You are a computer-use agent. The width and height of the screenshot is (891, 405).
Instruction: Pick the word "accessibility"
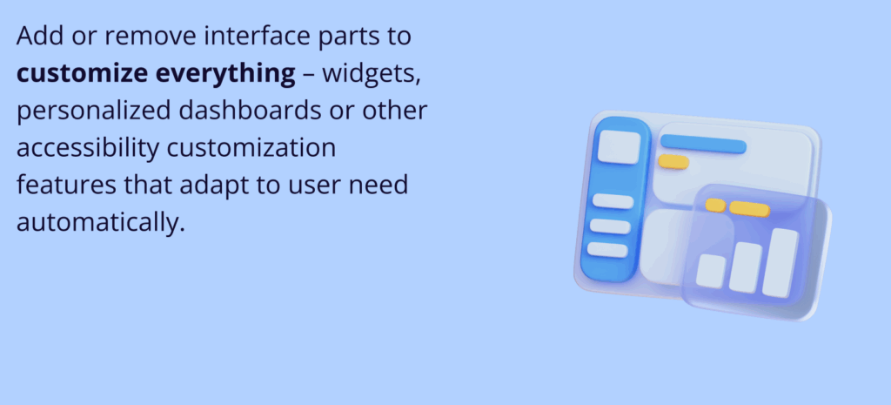pyautogui.click(x=88, y=148)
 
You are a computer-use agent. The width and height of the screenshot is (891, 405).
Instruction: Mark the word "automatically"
pyautogui.click(x=100, y=222)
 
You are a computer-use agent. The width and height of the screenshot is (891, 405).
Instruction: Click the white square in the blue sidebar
pyautogui.click(x=618, y=146)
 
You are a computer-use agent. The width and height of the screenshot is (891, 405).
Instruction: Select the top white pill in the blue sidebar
pyautogui.click(x=613, y=202)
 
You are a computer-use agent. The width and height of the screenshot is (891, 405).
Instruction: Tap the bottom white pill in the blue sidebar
pyautogui.click(x=607, y=250)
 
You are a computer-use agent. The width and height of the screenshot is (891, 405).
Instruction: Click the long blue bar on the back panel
pyautogui.click(x=703, y=145)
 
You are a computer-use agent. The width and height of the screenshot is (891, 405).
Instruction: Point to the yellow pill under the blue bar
pyautogui.click(x=673, y=162)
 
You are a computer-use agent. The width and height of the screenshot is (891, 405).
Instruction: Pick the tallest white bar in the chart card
pyautogui.click(x=780, y=261)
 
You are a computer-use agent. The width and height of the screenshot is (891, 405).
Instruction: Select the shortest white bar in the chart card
pyautogui.click(x=711, y=271)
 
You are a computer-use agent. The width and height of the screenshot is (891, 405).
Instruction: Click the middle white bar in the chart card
pyautogui.click(x=746, y=267)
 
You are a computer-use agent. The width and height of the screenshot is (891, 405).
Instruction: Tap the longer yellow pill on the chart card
pyautogui.click(x=749, y=209)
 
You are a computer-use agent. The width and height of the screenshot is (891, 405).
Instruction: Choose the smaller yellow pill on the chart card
pyautogui.click(x=715, y=206)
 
